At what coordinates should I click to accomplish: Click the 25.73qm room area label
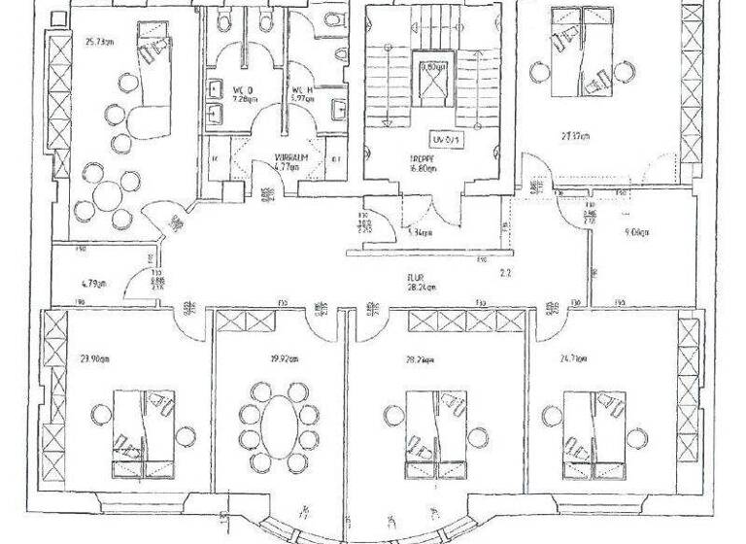101,43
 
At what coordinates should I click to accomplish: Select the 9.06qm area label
636,233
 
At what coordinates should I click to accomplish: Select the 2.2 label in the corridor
505,273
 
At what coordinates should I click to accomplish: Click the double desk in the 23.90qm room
144,433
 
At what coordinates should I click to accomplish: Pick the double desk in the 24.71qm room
593,433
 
